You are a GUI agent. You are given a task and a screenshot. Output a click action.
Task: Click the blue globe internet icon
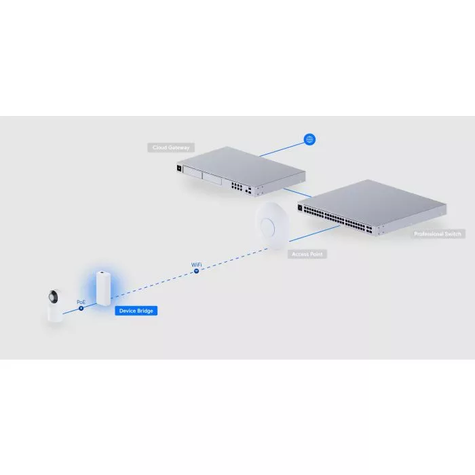[x=310, y=140]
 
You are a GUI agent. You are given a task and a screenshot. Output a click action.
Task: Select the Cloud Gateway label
[x=170, y=147]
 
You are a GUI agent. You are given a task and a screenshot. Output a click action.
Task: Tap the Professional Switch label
[x=438, y=234]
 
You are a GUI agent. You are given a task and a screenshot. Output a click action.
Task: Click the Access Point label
[x=308, y=254]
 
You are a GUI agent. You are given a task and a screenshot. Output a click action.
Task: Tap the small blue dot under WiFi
[x=196, y=271]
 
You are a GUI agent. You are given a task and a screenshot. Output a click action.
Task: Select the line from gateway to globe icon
[x=285, y=147]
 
